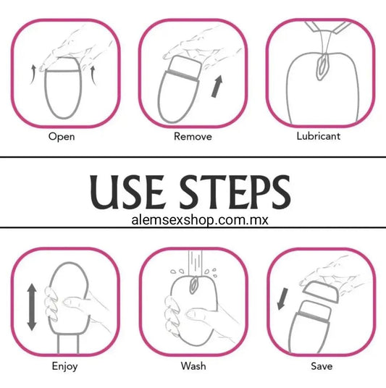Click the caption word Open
coord(62,137)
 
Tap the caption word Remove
coord(193,136)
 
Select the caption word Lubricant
coord(319,136)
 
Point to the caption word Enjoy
coord(64,366)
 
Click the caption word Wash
coord(193,366)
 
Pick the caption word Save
coord(322,366)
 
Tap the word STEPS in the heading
coord(235,192)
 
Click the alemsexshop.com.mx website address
coord(200,220)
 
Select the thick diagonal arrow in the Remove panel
coord(217,86)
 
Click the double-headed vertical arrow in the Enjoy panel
coord(31,307)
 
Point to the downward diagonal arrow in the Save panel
coord(282,299)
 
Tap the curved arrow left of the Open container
coord(33,75)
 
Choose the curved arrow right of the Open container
coord(93,75)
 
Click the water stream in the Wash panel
coord(195,263)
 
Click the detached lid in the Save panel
coord(321,292)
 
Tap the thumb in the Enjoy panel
coord(75,302)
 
